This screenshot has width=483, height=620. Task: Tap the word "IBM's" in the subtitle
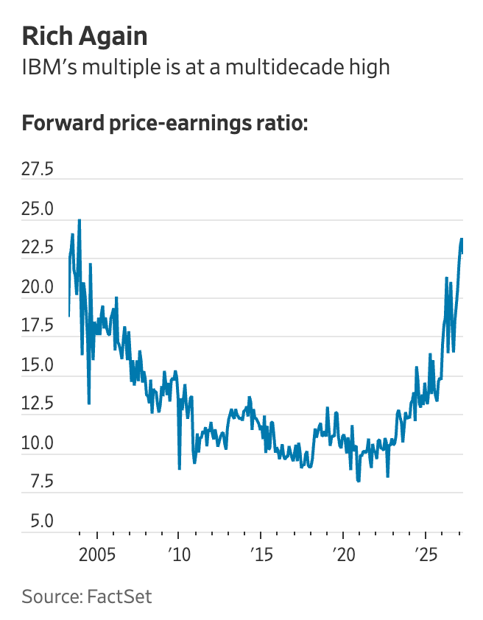tap(47, 68)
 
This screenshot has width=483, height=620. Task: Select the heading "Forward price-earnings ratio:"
tap(164, 122)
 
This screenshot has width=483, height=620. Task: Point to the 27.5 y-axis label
tap(38, 170)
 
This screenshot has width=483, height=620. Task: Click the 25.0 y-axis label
tap(38, 209)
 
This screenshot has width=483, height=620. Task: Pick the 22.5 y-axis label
tap(38, 248)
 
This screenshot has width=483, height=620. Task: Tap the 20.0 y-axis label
tap(38, 287)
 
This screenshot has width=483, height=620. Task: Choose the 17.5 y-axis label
tap(38, 326)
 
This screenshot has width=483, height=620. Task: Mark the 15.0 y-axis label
tap(38, 365)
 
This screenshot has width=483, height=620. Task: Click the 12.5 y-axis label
tap(38, 404)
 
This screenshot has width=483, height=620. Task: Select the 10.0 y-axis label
tap(38, 443)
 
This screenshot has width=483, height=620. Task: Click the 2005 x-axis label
tap(97, 554)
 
